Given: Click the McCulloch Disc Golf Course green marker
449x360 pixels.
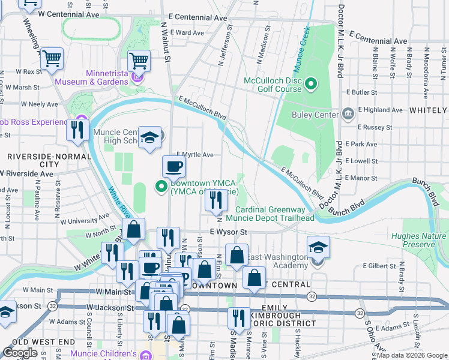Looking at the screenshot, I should click(311, 84).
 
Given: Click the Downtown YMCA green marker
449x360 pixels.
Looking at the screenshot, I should click(161, 187).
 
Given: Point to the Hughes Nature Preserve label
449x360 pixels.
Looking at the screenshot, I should click(418, 240).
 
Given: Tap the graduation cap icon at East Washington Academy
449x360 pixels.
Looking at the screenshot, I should click(318, 248).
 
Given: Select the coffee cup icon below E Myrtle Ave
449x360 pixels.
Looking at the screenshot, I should click(173, 167).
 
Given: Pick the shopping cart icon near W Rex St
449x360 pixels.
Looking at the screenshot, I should click(52, 59).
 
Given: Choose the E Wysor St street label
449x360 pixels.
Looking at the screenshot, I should click(229, 232).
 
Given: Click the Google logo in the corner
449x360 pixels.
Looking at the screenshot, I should click(20, 353).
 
